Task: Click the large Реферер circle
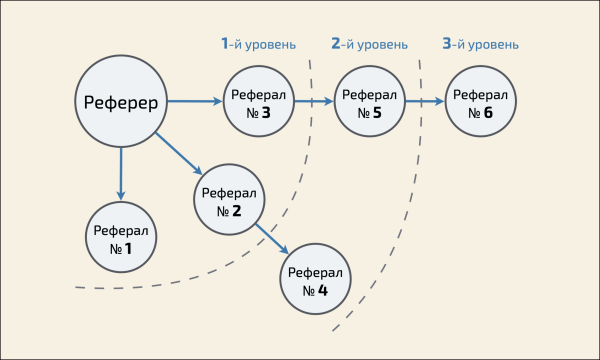coord(121,102)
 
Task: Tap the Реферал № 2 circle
coord(229,201)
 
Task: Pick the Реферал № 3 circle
coord(258,103)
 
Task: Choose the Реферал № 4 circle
coord(315,281)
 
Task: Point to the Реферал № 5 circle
coord(369,103)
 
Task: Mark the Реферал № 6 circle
coord(480,103)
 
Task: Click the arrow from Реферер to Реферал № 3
coord(195,102)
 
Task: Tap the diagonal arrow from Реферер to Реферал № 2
coord(181,156)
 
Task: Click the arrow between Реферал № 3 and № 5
coord(314,102)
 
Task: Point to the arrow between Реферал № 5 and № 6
coord(425,102)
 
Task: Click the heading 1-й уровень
coord(259,44)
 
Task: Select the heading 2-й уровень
coord(369,44)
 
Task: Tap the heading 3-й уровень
coord(480,44)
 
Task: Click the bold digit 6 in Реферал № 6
coord(488,113)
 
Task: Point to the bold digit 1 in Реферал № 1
coord(128,248)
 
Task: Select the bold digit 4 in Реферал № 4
coord(323,291)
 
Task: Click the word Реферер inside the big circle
coord(121,102)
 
